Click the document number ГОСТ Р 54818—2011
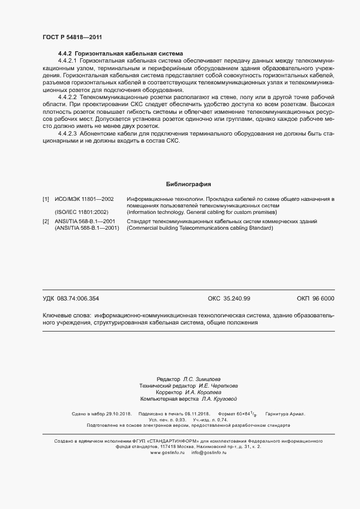click(72, 37)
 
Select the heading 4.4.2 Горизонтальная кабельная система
click(113, 54)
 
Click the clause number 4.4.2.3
click(68, 133)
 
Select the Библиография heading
click(188, 184)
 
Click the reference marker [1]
click(46, 199)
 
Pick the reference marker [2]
click(46, 222)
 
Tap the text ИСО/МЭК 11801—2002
click(84, 199)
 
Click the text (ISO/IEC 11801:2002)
click(82, 212)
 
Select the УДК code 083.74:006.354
click(78, 298)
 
